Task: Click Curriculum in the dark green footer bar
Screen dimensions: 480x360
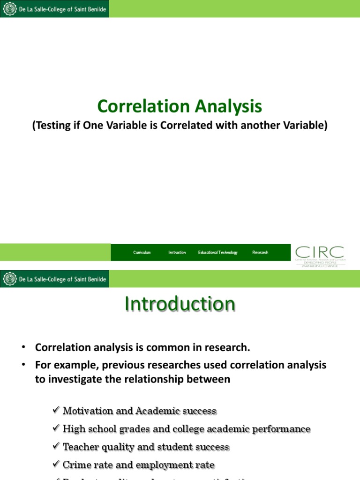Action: coord(142,252)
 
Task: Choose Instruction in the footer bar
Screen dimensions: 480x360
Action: coord(177,252)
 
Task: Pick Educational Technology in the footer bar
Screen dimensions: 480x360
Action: coord(218,252)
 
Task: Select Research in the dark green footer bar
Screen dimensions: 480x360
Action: coord(260,252)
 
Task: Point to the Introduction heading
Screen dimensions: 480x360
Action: coord(180,304)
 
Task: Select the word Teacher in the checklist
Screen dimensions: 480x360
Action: coord(80,447)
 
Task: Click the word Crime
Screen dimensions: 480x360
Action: coord(75,465)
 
